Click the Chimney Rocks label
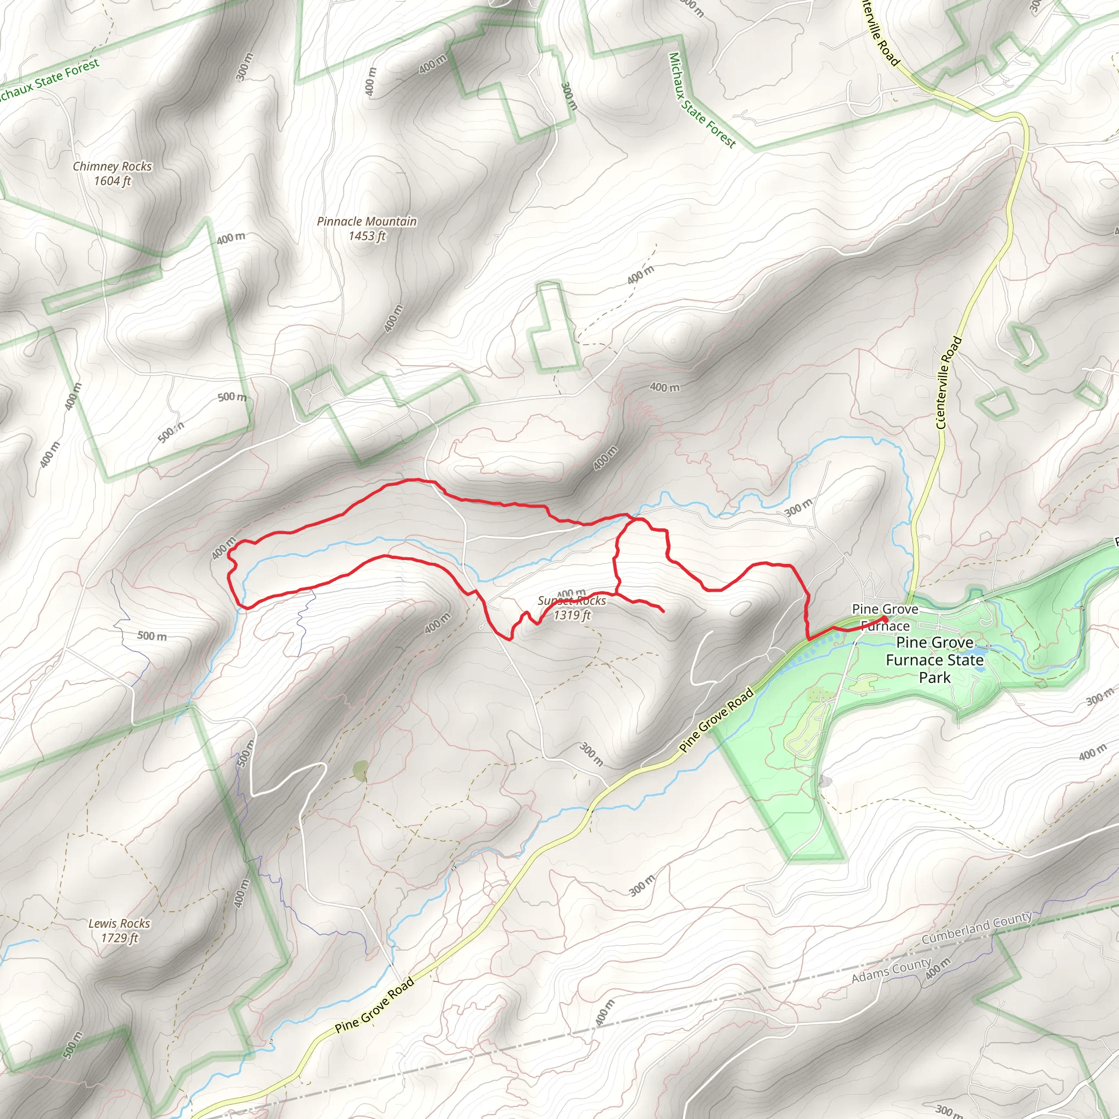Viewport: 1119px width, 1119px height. click(x=113, y=166)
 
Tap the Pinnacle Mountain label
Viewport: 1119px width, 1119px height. click(x=367, y=221)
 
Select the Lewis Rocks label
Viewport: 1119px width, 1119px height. click(x=119, y=923)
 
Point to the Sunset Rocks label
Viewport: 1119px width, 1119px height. click(x=572, y=600)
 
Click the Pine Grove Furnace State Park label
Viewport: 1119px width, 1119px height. click(x=934, y=659)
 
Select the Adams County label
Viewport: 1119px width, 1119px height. click(x=891, y=969)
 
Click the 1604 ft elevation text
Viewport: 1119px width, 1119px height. click(x=113, y=181)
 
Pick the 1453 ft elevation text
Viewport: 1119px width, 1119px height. click(x=367, y=235)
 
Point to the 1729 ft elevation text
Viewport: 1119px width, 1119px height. click(x=119, y=938)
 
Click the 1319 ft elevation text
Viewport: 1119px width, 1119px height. click(x=572, y=615)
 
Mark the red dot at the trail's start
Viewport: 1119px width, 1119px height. click(x=885, y=620)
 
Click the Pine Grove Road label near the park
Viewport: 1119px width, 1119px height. click(x=716, y=720)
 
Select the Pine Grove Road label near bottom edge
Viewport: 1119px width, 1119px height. click(x=374, y=1005)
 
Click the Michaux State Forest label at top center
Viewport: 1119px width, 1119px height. click(x=702, y=100)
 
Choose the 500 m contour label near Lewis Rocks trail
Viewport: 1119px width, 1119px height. click(x=152, y=636)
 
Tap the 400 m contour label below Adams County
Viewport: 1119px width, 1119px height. click(x=938, y=968)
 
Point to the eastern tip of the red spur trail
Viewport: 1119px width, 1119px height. click(x=663, y=610)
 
